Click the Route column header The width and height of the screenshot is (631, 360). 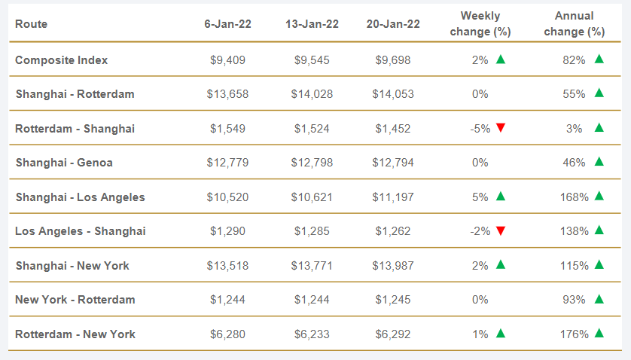pyautogui.click(x=31, y=24)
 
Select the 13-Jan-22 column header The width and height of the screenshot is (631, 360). pyautogui.click(x=312, y=24)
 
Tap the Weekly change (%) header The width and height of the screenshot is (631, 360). pyautogui.click(x=480, y=24)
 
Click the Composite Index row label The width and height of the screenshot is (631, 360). pyautogui.click(x=62, y=59)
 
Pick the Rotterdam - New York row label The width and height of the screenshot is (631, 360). pyautogui.click(x=75, y=334)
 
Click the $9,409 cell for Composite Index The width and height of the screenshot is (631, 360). pyautogui.click(x=227, y=59)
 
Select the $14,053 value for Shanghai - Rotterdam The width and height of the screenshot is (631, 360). pyautogui.click(x=393, y=94)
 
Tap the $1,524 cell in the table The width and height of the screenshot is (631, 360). pyautogui.click(x=312, y=128)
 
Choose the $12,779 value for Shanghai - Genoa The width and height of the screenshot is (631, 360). pyautogui.click(x=227, y=162)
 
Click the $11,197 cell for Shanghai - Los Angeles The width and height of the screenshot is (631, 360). pyautogui.click(x=393, y=197)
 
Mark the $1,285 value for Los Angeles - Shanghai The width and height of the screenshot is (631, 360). pyautogui.click(x=312, y=230)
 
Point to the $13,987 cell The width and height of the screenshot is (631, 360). pyautogui.click(x=393, y=265)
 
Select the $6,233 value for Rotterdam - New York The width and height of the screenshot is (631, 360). pyautogui.click(x=312, y=334)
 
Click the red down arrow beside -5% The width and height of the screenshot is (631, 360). pyautogui.click(x=501, y=128)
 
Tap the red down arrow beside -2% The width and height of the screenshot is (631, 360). pyautogui.click(x=501, y=230)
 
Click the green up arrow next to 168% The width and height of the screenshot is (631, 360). pyautogui.click(x=599, y=196)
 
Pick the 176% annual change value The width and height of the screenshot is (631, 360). pyautogui.click(x=575, y=334)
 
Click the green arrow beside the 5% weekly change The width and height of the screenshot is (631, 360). pyautogui.click(x=501, y=196)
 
